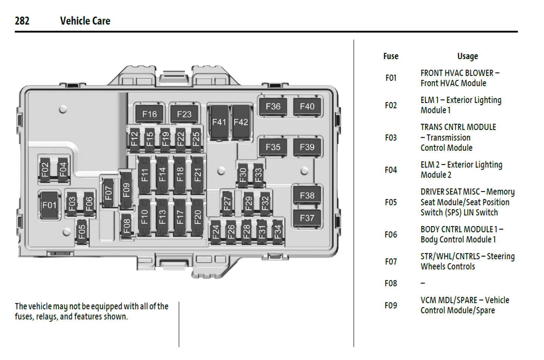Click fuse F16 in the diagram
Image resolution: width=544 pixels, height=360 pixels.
pos(149,114)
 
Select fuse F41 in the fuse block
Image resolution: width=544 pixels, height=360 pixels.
pos(219,122)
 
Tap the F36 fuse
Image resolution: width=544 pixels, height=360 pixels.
pos(273,106)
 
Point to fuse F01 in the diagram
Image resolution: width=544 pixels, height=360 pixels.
pos(49,205)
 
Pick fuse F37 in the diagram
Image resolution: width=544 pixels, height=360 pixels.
pos(307,218)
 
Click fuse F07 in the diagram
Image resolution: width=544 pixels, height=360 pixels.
pos(108,193)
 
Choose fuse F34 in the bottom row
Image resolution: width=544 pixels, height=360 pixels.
pos(277,232)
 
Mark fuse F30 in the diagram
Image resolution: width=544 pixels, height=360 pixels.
pos(243,175)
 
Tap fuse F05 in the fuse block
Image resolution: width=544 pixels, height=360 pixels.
pos(82,232)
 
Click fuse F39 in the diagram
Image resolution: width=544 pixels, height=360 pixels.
pos(307,147)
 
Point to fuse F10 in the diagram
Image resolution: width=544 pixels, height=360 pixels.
pos(145,217)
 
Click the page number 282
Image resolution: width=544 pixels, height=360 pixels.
pos(22,21)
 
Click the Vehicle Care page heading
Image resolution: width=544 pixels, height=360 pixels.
pos(85,21)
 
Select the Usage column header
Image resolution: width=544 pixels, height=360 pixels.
pos(468,56)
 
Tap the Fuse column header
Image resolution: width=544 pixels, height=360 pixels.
pos(391,56)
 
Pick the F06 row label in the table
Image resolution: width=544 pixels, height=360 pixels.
pos(391,235)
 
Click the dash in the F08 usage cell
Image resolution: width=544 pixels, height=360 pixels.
pos(423,283)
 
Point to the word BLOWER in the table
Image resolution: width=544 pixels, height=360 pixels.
pos(479,73)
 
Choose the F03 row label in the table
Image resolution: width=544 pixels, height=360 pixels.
pos(391,138)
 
